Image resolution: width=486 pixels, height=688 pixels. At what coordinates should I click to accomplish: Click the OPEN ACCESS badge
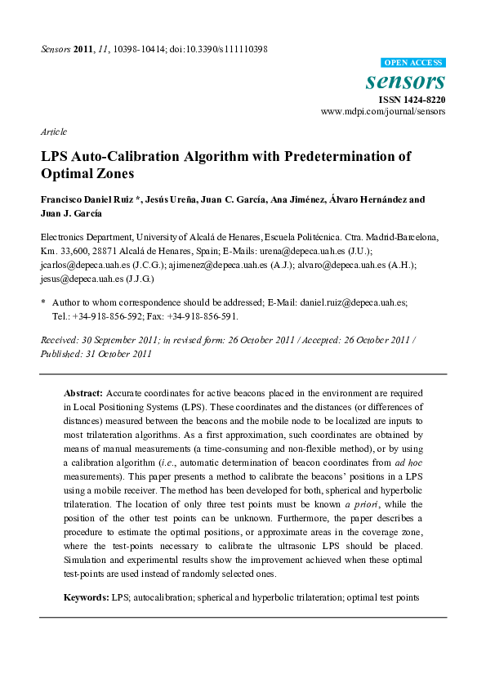tap(414, 63)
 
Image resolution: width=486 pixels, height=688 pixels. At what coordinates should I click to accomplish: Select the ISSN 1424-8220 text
tap(412, 100)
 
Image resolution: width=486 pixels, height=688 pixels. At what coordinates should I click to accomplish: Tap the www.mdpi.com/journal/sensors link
tap(383, 111)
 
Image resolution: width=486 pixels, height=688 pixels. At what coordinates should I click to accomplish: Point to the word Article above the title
tap(53, 132)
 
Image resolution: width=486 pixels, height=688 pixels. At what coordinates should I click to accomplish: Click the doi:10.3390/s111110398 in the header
tap(221, 49)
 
